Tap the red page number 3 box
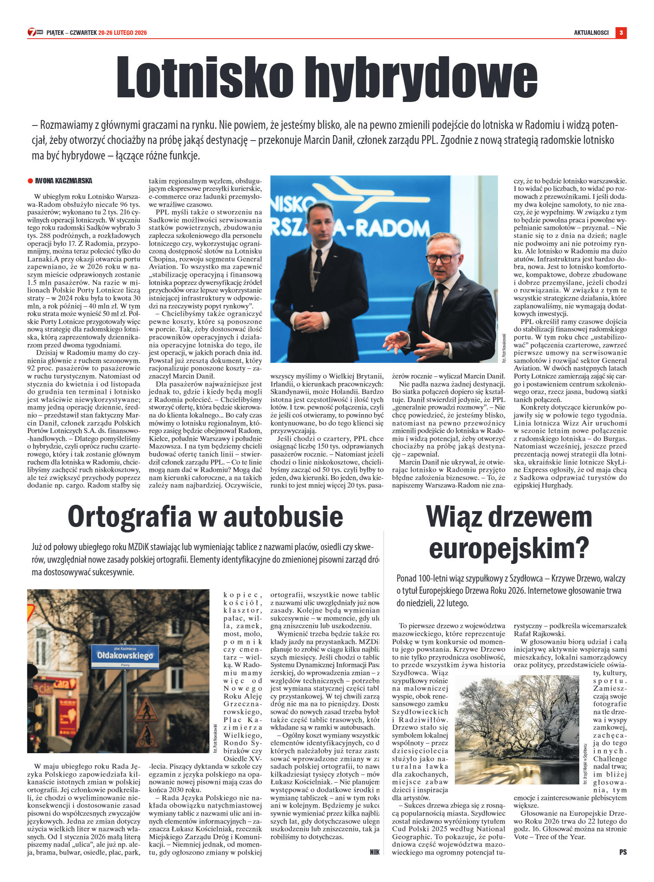click(621, 32)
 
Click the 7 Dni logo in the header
click(35, 32)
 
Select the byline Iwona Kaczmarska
click(64, 181)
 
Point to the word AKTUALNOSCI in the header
click(591, 32)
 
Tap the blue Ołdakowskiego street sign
click(125, 656)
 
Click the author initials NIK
click(374, 852)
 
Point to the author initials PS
click(623, 852)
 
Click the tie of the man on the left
click(318, 263)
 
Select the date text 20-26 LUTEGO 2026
click(123, 33)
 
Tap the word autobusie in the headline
click(283, 517)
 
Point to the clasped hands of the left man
click(311, 321)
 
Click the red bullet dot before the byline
click(30, 181)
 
